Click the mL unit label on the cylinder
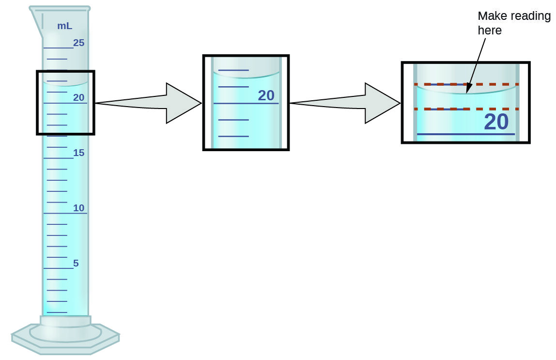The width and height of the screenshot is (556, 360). (65, 26)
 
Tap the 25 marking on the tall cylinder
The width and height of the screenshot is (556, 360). (79, 43)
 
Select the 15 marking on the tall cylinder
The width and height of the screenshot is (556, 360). (79, 153)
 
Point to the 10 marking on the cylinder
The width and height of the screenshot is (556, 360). (79, 208)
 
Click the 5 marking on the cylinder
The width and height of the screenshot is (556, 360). (76, 264)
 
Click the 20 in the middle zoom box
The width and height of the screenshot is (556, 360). (266, 95)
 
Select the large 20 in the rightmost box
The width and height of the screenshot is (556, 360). (496, 122)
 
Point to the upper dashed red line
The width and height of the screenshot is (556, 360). (466, 84)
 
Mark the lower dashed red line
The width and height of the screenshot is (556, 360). (466, 109)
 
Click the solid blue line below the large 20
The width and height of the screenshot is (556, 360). (465, 134)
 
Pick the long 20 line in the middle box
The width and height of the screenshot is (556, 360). (246, 104)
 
